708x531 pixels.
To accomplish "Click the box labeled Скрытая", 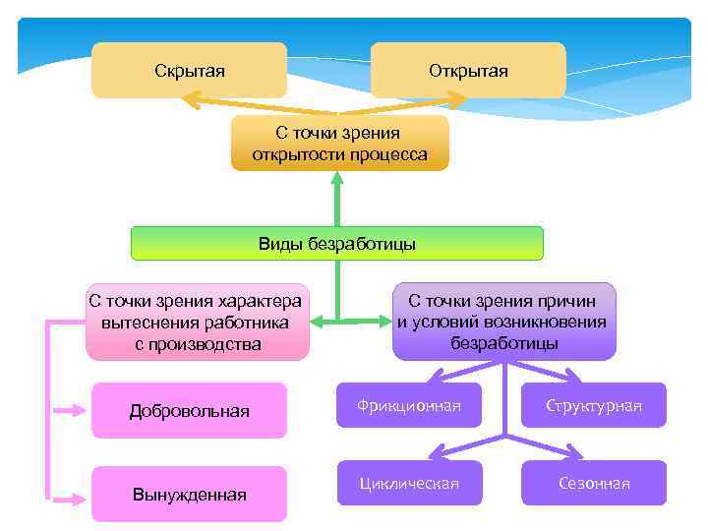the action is click(x=189, y=70).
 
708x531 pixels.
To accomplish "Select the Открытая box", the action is click(x=468, y=70).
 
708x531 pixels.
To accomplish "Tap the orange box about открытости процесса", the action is click(x=339, y=144).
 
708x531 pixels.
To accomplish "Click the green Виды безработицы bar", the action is click(x=336, y=243).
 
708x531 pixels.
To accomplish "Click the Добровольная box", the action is click(x=189, y=410).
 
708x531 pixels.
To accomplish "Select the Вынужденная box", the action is click(x=189, y=494).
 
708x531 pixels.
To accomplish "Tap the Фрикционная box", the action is click(x=409, y=405).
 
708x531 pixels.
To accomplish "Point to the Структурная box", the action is click(x=594, y=405).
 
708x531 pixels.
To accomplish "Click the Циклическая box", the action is click(x=409, y=483).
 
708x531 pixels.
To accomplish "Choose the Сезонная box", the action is click(x=594, y=483).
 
